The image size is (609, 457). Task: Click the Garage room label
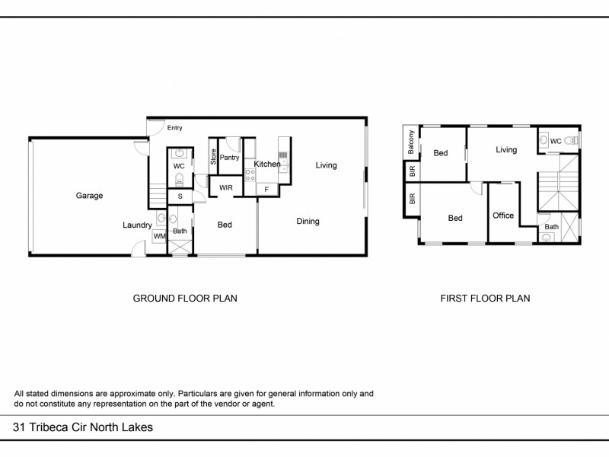(89, 196)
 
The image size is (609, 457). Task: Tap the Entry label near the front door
(175, 128)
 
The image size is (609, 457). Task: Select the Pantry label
(230, 158)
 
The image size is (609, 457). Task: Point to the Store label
(214, 158)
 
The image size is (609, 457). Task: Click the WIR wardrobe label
(226, 187)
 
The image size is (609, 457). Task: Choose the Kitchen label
(267, 165)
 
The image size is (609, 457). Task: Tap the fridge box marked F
(266, 189)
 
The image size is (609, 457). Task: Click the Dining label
(308, 222)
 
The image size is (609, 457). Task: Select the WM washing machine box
(159, 237)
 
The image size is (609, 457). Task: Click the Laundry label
(138, 225)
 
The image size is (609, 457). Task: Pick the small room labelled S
(180, 197)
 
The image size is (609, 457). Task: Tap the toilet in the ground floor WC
(180, 180)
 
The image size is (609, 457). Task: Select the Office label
(503, 216)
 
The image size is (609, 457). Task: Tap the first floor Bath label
(551, 226)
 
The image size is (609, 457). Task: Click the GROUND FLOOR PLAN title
(185, 299)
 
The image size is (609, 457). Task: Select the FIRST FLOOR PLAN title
(485, 299)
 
